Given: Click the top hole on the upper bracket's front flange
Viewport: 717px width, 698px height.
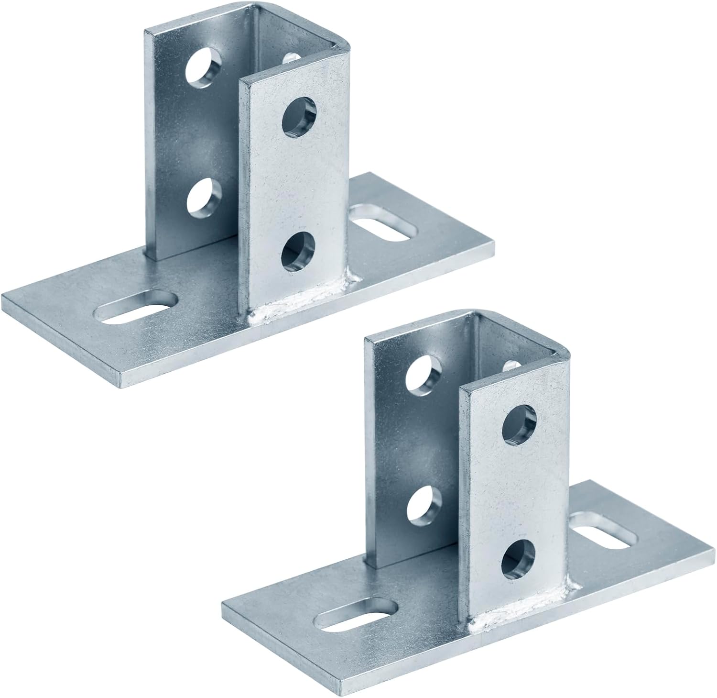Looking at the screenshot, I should [299, 116].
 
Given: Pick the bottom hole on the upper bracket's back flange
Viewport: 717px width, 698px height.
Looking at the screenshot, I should [204, 197].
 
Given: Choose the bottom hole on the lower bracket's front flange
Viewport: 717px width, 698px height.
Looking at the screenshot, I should [519, 558].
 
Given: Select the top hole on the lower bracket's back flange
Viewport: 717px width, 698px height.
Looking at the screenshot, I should [424, 373].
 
